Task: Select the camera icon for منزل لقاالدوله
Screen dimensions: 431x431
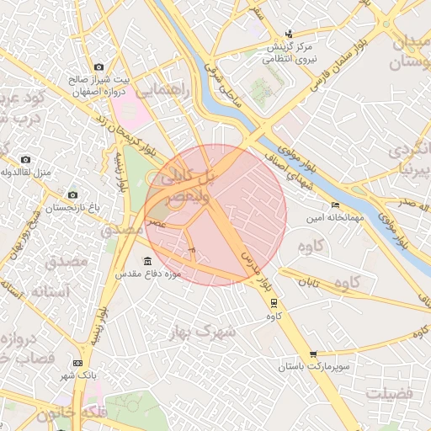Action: (x=25, y=159)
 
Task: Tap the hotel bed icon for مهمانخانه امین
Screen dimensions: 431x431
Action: (x=336, y=205)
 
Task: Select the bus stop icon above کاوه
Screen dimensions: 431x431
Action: (x=274, y=303)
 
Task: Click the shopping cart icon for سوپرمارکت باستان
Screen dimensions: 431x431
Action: (x=314, y=354)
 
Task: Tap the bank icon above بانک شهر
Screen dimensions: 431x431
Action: (x=77, y=363)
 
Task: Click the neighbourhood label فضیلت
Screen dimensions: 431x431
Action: (x=390, y=393)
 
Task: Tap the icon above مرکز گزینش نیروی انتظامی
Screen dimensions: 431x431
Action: (x=290, y=34)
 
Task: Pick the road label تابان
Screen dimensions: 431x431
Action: (x=311, y=284)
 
